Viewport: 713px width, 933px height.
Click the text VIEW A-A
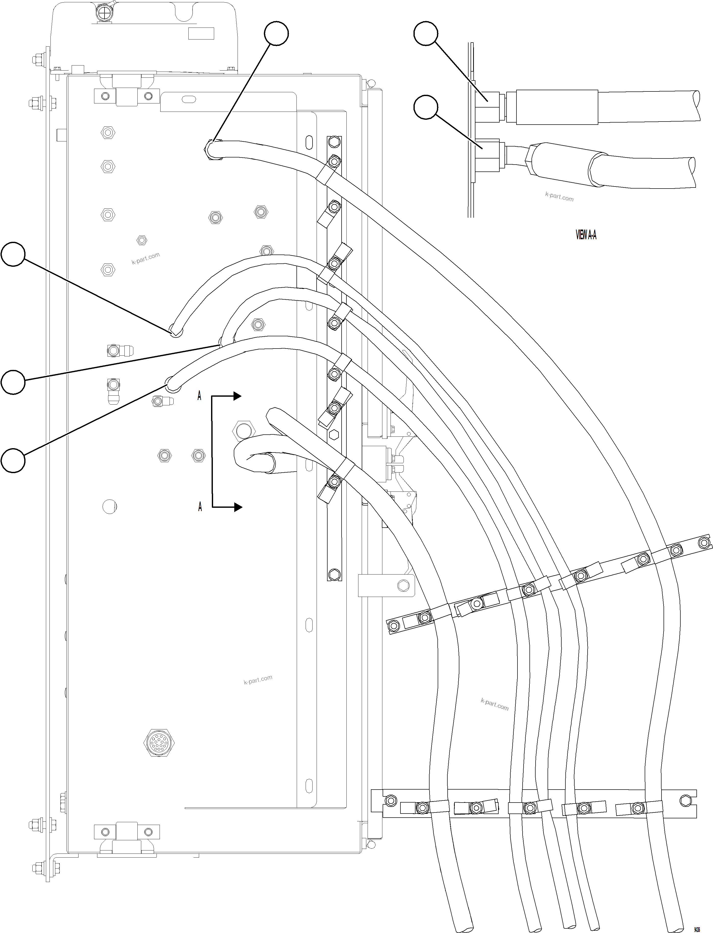[586, 234]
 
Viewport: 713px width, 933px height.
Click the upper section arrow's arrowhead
[237, 396]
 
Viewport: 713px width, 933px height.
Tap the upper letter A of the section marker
[199, 396]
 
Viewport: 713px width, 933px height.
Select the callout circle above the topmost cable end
[276, 33]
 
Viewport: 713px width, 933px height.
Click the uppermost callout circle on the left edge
[13, 254]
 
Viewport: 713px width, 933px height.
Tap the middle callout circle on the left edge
[13, 382]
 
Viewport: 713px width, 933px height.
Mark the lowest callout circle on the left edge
[13, 461]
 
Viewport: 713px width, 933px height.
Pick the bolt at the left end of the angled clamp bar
[393, 625]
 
